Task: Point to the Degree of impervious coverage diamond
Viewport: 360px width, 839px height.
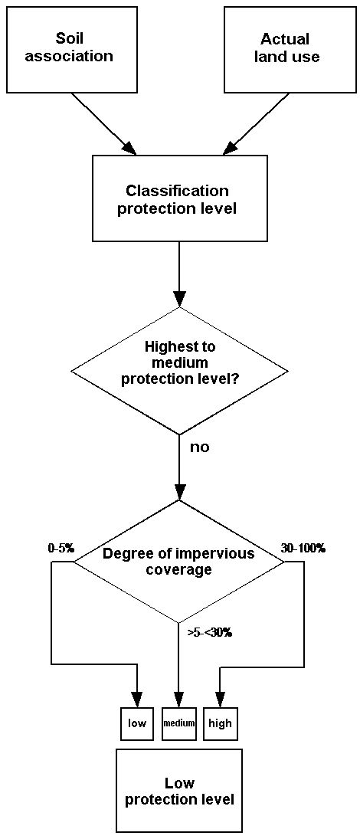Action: (x=178, y=561)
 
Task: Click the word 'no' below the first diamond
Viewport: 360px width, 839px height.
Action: (x=199, y=447)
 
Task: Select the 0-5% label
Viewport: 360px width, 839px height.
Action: (x=61, y=548)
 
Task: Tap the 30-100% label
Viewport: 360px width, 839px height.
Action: (x=304, y=548)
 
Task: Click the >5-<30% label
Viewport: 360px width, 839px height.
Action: (x=209, y=632)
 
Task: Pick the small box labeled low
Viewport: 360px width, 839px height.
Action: (x=137, y=723)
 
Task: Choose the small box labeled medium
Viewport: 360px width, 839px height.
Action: (x=178, y=723)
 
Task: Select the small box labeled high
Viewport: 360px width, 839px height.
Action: (x=220, y=723)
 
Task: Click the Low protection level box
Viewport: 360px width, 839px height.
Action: (x=178, y=791)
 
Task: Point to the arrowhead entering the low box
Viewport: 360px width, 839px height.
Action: (x=137, y=700)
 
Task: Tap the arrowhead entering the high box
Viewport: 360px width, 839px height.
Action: (x=220, y=700)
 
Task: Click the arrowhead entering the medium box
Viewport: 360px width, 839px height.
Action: (x=178, y=700)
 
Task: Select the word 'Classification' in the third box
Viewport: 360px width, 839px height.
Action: (x=177, y=191)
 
